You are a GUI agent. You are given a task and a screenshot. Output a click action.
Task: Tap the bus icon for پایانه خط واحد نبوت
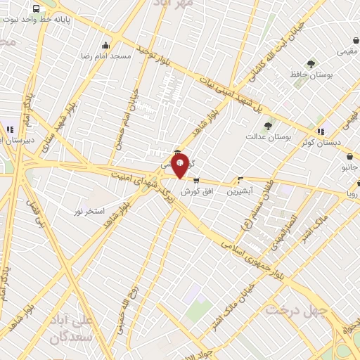pyautogui.click(x=36, y=8)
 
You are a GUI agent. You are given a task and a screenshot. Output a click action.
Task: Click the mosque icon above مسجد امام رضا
pyautogui.click(x=105, y=46)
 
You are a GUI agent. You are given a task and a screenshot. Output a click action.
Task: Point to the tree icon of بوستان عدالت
pyautogui.click(x=268, y=126)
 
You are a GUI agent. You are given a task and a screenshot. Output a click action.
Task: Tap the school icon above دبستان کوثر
pyautogui.click(x=321, y=131)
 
